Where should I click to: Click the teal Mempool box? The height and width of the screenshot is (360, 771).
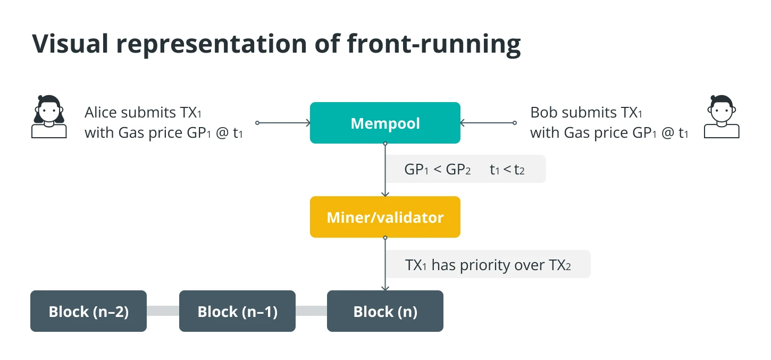point(385,122)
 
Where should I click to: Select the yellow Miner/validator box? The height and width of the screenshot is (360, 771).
point(385,217)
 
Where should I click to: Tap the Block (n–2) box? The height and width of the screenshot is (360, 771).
point(88,311)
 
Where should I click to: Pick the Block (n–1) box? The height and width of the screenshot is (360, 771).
point(237,311)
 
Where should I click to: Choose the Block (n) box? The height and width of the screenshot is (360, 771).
point(385,311)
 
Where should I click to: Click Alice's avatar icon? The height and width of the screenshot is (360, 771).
point(49,116)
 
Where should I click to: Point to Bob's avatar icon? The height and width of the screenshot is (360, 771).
point(722,116)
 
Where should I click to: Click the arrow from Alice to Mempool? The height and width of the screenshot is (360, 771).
point(283,123)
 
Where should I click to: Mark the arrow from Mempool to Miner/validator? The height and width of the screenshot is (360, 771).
point(385,170)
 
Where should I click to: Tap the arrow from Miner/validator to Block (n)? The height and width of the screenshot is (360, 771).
point(385,264)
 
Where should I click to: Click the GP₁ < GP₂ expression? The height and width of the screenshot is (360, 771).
point(437,169)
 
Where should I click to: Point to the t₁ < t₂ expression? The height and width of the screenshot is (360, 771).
point(507,169)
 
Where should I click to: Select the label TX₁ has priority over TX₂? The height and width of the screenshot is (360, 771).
point(488,265)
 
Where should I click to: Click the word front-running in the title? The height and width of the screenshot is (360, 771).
point(434,45)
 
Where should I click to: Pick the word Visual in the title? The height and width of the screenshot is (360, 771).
point(70,44)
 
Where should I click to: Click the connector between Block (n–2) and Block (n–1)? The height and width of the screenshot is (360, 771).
point(163,311)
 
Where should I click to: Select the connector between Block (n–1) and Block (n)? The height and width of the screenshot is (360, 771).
point(311,311)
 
